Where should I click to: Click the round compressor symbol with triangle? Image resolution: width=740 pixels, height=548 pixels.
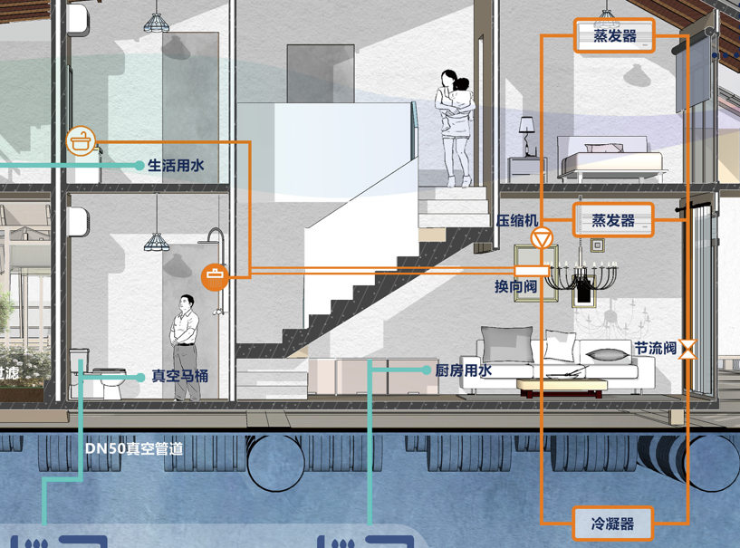[542, 239]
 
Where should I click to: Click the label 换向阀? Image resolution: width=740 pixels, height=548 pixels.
[515, 286]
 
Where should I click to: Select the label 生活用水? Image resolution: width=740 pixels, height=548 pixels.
[176, 166]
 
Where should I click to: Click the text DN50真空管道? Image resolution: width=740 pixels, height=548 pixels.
[133, 447]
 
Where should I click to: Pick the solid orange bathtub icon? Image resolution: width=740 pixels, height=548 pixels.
[215, 275]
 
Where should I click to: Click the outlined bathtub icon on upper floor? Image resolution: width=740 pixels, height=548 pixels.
[82, 141]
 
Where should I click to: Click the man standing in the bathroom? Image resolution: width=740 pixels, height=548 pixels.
[187, 347]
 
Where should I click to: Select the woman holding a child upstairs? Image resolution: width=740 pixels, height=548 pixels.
[456, 126]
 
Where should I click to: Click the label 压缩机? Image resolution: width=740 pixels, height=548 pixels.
[516, 220]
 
